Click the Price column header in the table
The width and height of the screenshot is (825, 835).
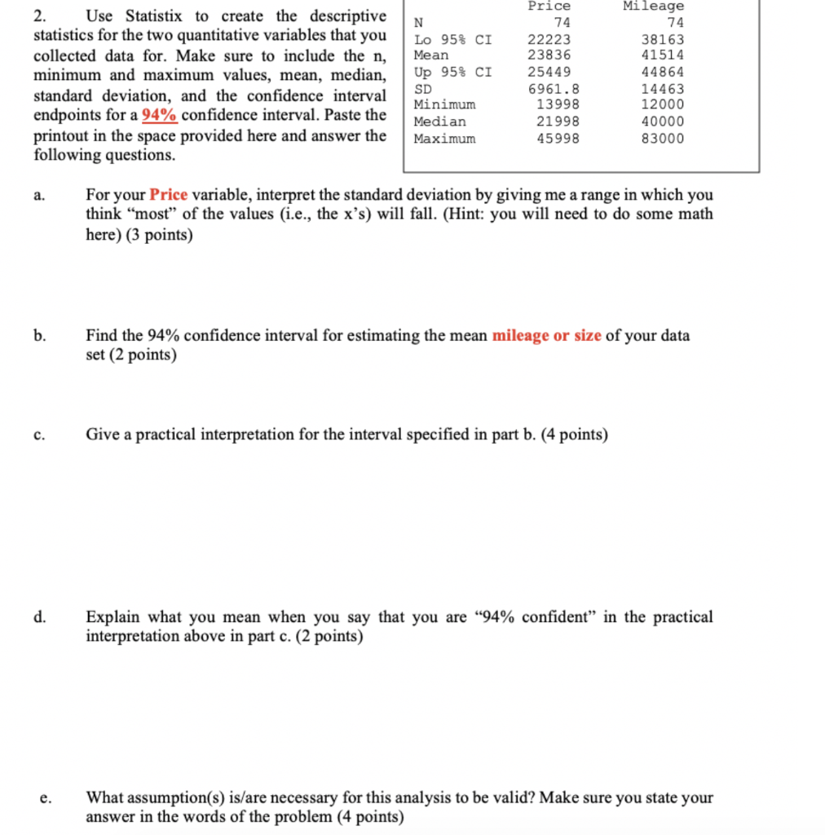[549, 6]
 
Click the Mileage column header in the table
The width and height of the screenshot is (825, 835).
[653, 6]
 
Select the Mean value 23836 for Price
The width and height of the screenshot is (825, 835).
[549, 55]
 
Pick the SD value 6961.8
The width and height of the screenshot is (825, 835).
[554, 89]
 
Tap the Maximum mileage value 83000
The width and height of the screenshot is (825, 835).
[664, 139]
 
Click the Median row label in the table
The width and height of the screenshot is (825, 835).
[440, 121]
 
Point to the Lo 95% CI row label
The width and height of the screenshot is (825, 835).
[452, 39]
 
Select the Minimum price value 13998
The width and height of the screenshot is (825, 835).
[558, 104]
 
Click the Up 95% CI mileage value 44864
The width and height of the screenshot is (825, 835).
[664, 72]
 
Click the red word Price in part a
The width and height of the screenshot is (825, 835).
[169, 195]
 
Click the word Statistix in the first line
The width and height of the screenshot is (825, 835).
[158, 16]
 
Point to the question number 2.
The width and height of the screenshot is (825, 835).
[38, 16]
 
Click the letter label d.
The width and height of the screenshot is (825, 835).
[39, 617]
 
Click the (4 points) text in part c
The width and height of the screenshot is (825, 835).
[574, 435]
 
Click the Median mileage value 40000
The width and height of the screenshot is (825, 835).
[664, 121]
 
